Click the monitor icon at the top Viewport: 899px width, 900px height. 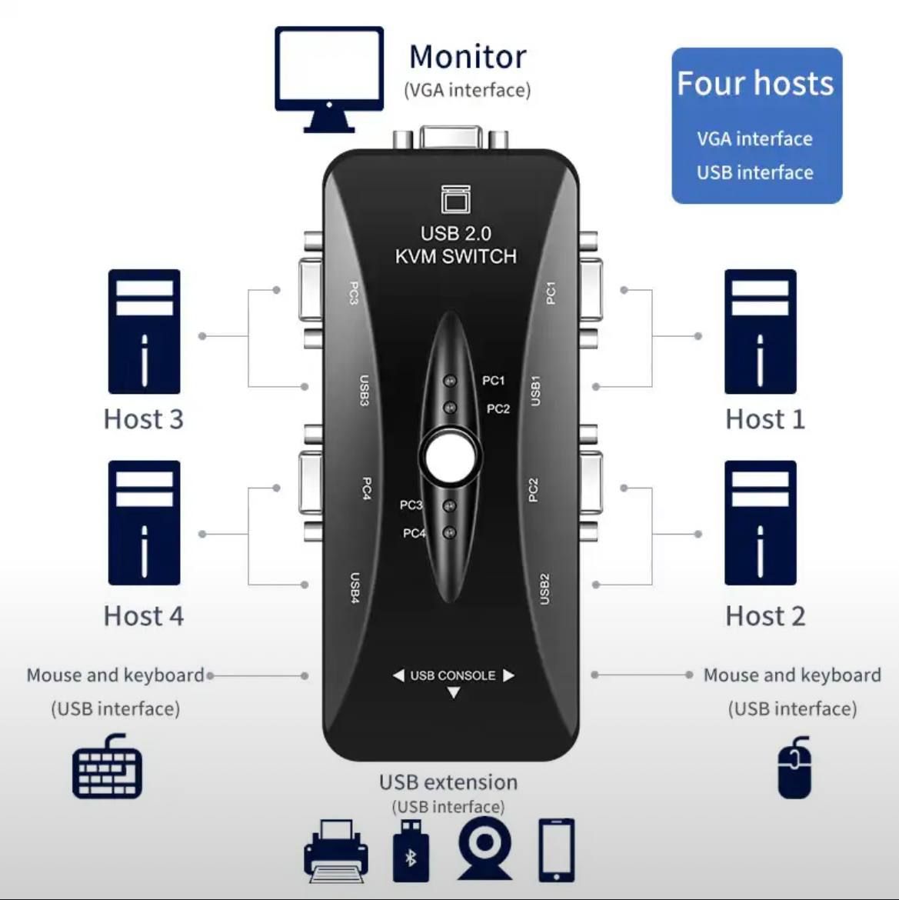click(329, 77)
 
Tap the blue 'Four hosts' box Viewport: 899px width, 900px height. click(756, 125)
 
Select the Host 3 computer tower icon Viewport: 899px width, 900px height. click(145, 331)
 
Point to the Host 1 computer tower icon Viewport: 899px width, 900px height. click(760, 331)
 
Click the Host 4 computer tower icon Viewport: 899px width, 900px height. click(145, 522)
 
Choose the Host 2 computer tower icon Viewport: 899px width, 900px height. click(760, 522)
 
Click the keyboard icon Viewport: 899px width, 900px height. click(107, 767)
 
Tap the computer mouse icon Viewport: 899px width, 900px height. click(795, 768)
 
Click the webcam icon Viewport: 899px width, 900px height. click(484, 849)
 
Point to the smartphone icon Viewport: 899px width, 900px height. click(556, 849)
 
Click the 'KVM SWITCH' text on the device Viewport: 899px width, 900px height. click(455, 256)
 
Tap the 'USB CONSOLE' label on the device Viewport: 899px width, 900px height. click(453, 675)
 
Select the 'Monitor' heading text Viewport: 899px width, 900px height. click(468, 57)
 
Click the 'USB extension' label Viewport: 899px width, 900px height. click(448, 782)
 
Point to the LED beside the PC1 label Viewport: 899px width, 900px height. click(451, 381)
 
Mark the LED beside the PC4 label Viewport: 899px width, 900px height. click(451, 532)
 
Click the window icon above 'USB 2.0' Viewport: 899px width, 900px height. click(455, 199)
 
